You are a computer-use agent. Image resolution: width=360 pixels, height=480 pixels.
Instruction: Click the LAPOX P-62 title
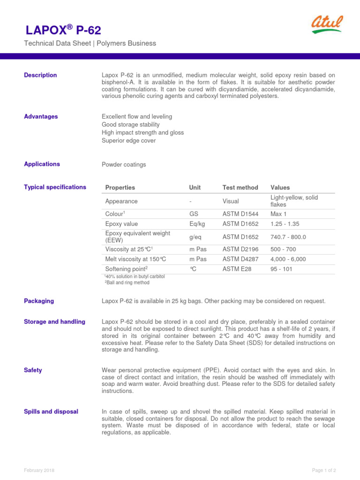coord(63,31)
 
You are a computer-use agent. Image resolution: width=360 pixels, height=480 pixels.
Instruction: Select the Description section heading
coord(40,75)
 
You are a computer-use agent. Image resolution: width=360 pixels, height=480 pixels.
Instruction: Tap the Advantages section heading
coord(41,116)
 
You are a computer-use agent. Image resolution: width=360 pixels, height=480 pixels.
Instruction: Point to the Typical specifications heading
coord(55,187)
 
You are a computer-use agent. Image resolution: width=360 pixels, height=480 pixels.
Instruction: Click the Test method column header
coord(240,187)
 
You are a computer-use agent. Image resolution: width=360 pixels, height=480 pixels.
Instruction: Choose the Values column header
coord(280,187)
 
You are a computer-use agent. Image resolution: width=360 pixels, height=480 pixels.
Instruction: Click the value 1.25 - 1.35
coord(285,224)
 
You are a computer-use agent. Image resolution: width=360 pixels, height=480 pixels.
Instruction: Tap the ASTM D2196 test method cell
coord(240,249)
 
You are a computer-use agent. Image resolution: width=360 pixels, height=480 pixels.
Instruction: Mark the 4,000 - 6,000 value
coord(288,259)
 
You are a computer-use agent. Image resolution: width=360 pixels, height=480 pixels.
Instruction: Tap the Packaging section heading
coord(39,301)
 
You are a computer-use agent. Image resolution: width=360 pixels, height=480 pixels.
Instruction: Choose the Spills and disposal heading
coord(51,412)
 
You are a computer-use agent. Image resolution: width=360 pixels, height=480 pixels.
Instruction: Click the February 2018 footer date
coord(39,470)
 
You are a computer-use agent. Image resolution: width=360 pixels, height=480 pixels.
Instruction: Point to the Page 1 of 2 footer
coord(324,470)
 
